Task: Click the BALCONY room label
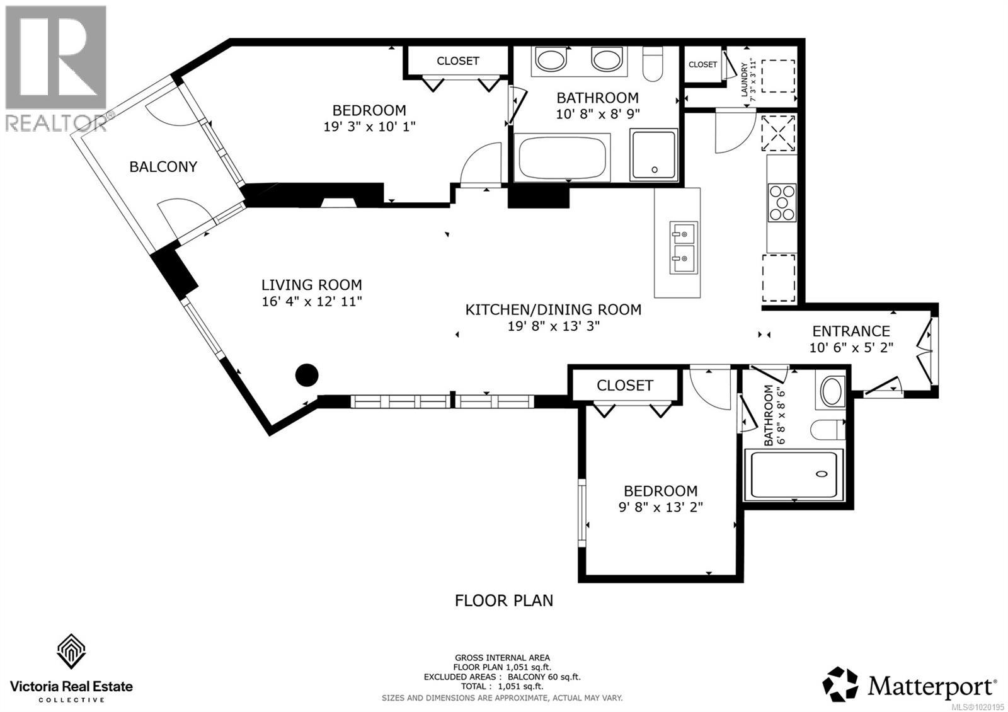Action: [x=163, y=166]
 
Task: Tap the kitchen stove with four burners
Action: [x=782, y=202]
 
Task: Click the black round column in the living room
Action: [x=307, y=375]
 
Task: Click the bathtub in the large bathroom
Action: [x=563, y=158]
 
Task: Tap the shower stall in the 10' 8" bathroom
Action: [x=655, y=155]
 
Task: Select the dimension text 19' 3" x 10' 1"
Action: [x=369, y=127]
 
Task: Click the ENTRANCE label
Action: [x=851, y=331]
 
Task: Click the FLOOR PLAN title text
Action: [x=504, y=600]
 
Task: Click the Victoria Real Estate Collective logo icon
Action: [x=71, y=652]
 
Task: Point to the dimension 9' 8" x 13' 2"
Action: [x=660, y=507]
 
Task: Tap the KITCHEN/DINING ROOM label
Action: [x=553, y=310]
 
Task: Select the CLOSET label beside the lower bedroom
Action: [x=625, y=385]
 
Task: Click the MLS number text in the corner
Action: [x=980, y=707]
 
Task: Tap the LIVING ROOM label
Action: [x=312, y=285]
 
